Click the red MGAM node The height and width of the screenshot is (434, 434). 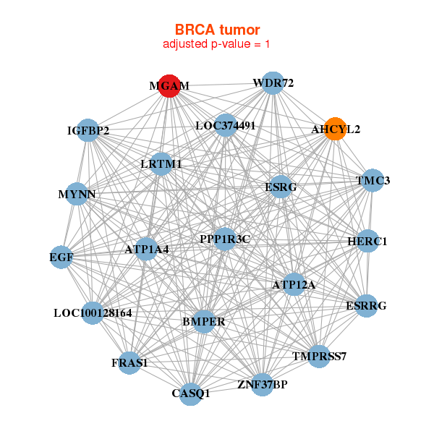[x=169, y=85]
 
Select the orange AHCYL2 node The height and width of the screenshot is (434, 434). [x=335, y=128]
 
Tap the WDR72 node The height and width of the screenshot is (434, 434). [x=272, y=82]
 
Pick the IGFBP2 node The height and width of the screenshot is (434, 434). [x=88, y=130]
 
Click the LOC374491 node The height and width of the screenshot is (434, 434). [x=226, y=125]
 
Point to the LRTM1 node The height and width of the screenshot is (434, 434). [x=161, y=164]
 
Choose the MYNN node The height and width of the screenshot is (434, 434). [x=77, y=194]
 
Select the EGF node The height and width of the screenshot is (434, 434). [x=61, y=257]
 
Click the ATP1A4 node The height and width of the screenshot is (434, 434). [x=146, y=249]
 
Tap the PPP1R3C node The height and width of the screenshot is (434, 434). [x=225, y=239]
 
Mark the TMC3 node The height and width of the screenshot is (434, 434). [x=372, y=180]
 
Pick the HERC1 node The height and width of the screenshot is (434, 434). [x=367, y=241]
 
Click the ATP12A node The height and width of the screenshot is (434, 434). [x=293, y=284]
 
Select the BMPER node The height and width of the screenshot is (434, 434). [x=204, y=321]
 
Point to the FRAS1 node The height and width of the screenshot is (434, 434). [x=130, y=362]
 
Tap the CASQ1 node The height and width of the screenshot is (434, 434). [x=191, y=393]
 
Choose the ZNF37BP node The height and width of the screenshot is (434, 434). [x=263, y=383]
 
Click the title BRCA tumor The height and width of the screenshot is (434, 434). [x=216, y=30]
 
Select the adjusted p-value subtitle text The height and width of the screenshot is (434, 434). [x=216, y=44]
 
